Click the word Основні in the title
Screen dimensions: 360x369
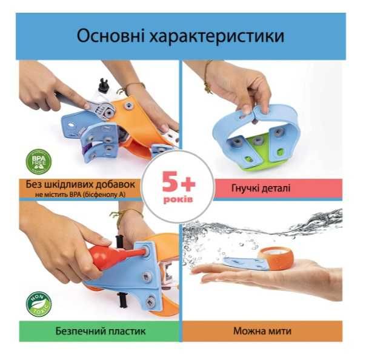(112, 36)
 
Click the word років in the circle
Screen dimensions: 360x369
(178, 199)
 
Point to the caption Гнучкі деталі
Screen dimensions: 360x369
(261, 188)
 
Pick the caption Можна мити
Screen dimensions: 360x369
(261, 332)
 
